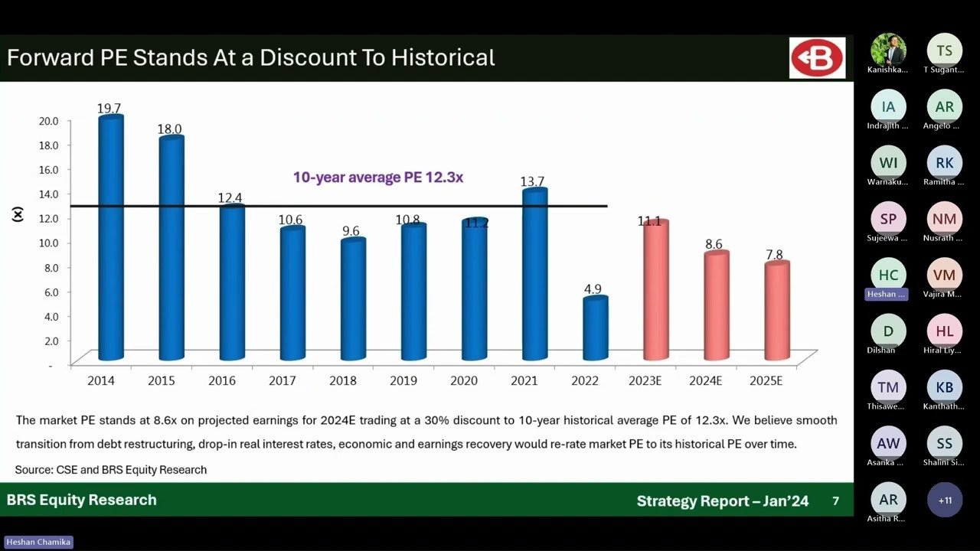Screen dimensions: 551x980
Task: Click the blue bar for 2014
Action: point(111,237)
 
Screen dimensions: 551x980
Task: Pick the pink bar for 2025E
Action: point(776,310)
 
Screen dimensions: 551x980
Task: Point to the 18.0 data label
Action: point(169,129)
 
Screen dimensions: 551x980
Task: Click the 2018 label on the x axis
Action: point(343,380)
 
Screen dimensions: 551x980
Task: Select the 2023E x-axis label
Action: point(645,380)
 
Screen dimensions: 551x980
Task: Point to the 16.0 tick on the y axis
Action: point(47,169)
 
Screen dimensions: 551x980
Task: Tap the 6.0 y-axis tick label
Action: point(50,292)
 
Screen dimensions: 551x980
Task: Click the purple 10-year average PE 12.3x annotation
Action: point(378,178)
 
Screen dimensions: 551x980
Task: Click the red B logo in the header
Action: point(817,58)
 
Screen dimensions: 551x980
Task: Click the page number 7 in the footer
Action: point(835,501)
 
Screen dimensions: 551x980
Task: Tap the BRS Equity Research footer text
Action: point(82,500)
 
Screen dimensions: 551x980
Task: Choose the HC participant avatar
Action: point(888,275)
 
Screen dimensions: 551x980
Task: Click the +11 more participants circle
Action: point(945,500)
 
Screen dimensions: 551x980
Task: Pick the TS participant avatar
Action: point(945,51)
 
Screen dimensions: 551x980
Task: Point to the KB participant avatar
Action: point(945,387)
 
